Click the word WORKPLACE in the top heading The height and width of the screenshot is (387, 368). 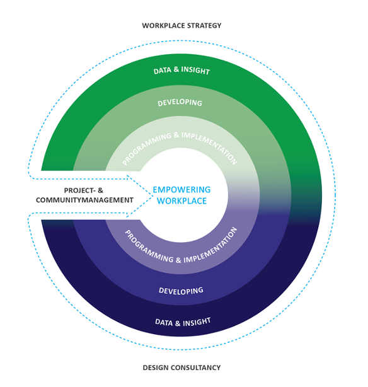point(163,26)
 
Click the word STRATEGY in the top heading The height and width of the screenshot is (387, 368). point(204,26)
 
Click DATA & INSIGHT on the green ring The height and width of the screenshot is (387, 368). point(181,71)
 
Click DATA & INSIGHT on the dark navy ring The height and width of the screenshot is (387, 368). point(183,322)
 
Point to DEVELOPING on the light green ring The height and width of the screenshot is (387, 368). point(180,103)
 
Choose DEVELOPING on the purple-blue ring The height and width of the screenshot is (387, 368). point(181,291)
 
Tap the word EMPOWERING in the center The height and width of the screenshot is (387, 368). point(181,190)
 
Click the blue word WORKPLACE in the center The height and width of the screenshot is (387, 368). point(181,201)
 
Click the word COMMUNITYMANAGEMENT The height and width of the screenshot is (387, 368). point(84,200)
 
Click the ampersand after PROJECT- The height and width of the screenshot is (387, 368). point(100,190)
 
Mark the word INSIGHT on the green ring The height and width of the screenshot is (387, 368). point(195,71)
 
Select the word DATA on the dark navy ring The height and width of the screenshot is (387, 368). point(164,322)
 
